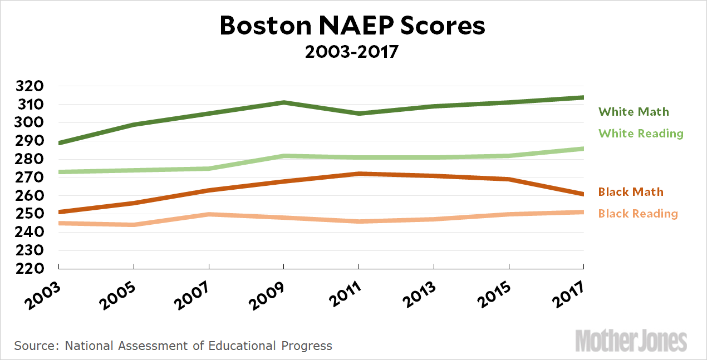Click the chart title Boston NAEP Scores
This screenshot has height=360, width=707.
click(353, 26)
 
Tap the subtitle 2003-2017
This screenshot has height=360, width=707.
click(353, 52)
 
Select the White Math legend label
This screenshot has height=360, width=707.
click(634, 112)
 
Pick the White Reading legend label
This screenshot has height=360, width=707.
click(641, 134)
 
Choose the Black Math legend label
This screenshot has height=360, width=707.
click(631, 192)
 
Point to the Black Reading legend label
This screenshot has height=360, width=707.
click(638, 214)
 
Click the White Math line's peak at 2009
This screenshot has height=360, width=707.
click(284, 102)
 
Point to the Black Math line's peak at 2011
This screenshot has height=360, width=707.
click(359, 174)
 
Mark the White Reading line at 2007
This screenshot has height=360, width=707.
click(209, 169)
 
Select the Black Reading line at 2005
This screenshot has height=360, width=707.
click(134, 225)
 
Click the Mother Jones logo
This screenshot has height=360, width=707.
click(631, 341)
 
